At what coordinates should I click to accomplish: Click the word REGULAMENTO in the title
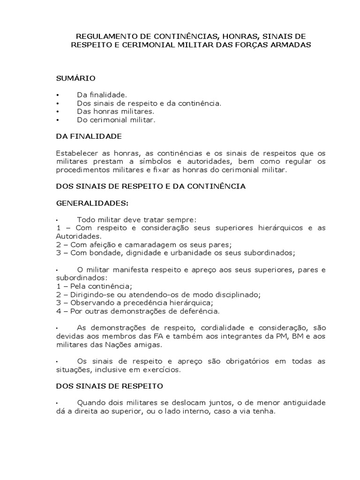(99, 36)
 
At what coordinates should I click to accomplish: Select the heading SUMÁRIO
(75, 78)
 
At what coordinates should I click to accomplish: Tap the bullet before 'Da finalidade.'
(57, 95)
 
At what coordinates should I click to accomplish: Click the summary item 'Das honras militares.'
(115, 112)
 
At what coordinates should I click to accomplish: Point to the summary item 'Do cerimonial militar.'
(116, 120)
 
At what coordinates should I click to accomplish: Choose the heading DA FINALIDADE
(89, 136)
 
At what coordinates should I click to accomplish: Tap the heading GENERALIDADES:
(92, 203)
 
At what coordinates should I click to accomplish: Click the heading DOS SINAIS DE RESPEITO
(109, 386)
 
